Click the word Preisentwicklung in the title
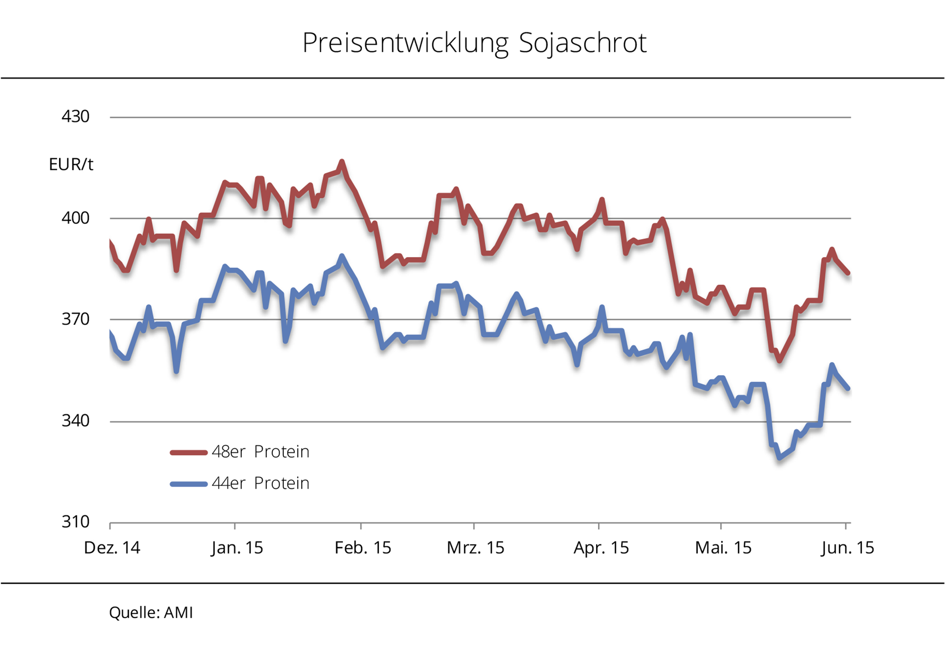(405, 43)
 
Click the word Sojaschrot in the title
(582, 43)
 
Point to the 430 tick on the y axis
(75, 116)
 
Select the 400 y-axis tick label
(75, 218)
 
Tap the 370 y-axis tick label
(75, 319)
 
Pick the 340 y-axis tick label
(75, 421)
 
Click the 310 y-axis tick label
(75, 522)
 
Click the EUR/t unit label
(71, 164)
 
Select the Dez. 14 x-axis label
(112, 548)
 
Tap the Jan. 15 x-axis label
(237, 548)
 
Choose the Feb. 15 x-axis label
(363, 548)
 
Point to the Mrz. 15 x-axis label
(475, 548)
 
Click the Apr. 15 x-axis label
(601, 548)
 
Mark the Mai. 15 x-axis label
(723, 548)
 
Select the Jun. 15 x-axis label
(848, 548)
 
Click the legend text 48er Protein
(260, 452)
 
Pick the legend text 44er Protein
(260, 483)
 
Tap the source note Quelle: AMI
(151, 613)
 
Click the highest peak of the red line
(342, 162)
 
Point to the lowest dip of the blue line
(780, 458)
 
